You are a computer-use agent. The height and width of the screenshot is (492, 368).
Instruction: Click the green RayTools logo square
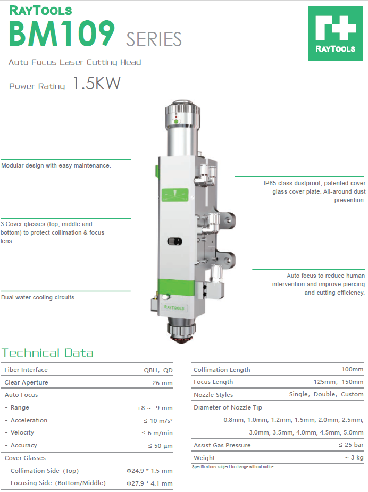point(336,34)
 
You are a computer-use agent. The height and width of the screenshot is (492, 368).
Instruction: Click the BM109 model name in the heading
point(62,34)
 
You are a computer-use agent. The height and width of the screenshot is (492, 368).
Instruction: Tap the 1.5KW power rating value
point(96,84)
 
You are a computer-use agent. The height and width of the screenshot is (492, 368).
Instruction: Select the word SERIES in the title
point(154,39)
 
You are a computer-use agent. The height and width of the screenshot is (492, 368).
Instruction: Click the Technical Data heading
point(48,353)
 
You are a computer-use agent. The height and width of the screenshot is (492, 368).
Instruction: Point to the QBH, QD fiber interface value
point(158,370)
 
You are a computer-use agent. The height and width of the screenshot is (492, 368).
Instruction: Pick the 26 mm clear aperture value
point(163,383)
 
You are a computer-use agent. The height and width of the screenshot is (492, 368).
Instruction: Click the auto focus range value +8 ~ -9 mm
point(155,408)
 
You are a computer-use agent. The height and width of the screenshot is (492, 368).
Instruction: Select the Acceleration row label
point(29,420)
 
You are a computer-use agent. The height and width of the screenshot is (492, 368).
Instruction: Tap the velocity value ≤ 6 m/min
point(157,433)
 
